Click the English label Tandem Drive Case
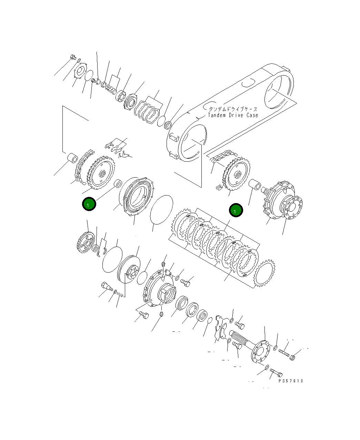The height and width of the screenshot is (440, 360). click(233, 115)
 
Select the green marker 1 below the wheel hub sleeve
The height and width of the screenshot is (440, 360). click(236, 210)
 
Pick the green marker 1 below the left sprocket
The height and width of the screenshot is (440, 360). click(89, 204)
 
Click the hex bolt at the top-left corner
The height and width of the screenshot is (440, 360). click(73, 57)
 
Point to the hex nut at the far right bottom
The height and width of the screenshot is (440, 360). click(293, 358)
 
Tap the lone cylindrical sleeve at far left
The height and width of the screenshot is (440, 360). click(73, 158)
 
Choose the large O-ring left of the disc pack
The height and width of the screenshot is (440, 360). click(161, 210)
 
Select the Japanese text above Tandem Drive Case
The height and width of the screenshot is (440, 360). click(233, 109)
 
